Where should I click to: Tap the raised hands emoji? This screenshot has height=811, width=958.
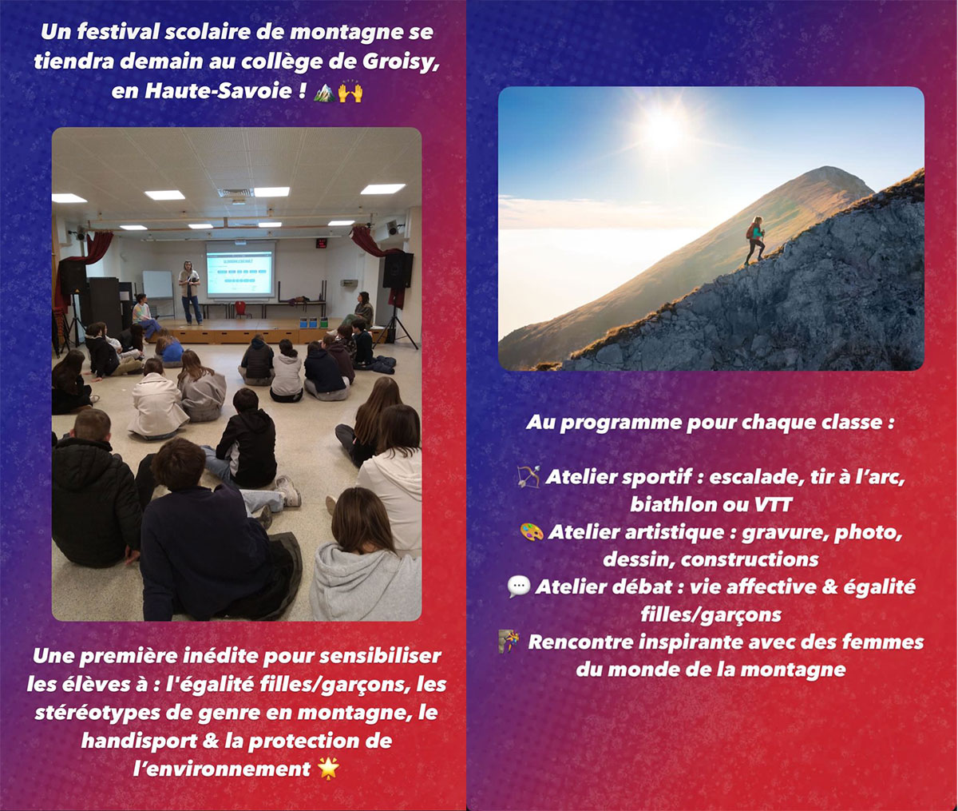click(x=350, y=92)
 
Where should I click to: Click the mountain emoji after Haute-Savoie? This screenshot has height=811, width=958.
click(x=324, y=92)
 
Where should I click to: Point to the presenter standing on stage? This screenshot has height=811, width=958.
click(x=189, y=292)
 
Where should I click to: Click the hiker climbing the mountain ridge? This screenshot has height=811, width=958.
click(x=755, y=240)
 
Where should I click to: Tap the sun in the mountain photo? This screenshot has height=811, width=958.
click(x=663, y=129)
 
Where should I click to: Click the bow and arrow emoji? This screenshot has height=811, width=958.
click(x=528, y=476)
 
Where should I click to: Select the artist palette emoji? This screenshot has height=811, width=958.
click(x=532, y=531)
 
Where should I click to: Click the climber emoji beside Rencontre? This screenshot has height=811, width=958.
click(x=509, y=642)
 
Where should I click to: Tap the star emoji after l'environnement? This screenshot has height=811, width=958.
click(x=329, y=768)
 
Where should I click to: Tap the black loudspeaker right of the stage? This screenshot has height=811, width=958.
click(x=398, y=270)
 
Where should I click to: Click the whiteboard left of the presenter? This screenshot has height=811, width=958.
click(x=157, y=284)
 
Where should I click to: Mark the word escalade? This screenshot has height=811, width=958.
click(x=758, y=477)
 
